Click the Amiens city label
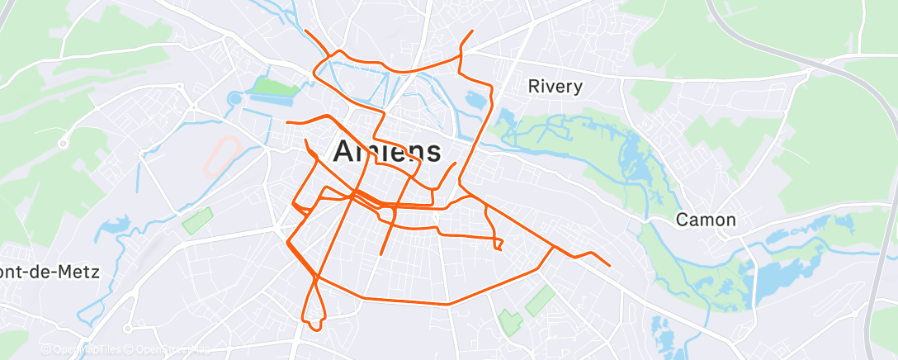386,151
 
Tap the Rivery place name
555,86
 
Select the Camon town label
706,220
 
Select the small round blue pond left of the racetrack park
233,98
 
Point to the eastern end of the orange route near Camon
609,265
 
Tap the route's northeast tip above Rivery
471,31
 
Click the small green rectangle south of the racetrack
197,220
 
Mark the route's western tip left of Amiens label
287,122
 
